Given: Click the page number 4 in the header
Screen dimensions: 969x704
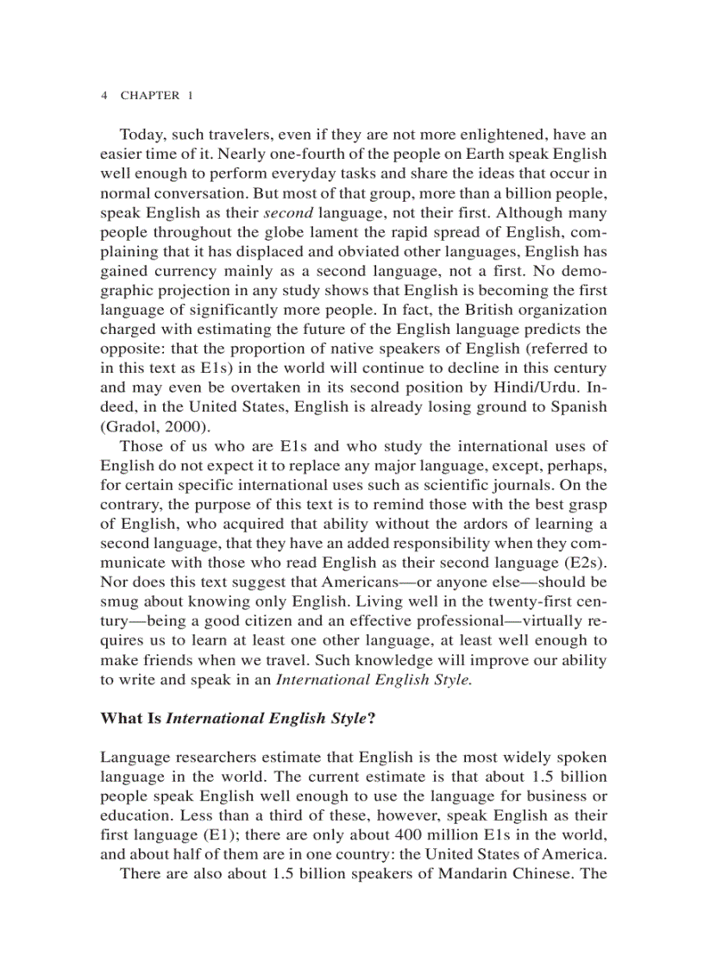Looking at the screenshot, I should tap(104, 96).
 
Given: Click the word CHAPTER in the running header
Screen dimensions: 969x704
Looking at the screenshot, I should tap(149, 96).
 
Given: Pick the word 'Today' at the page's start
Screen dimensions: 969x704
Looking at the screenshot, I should tap(139, 135).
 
